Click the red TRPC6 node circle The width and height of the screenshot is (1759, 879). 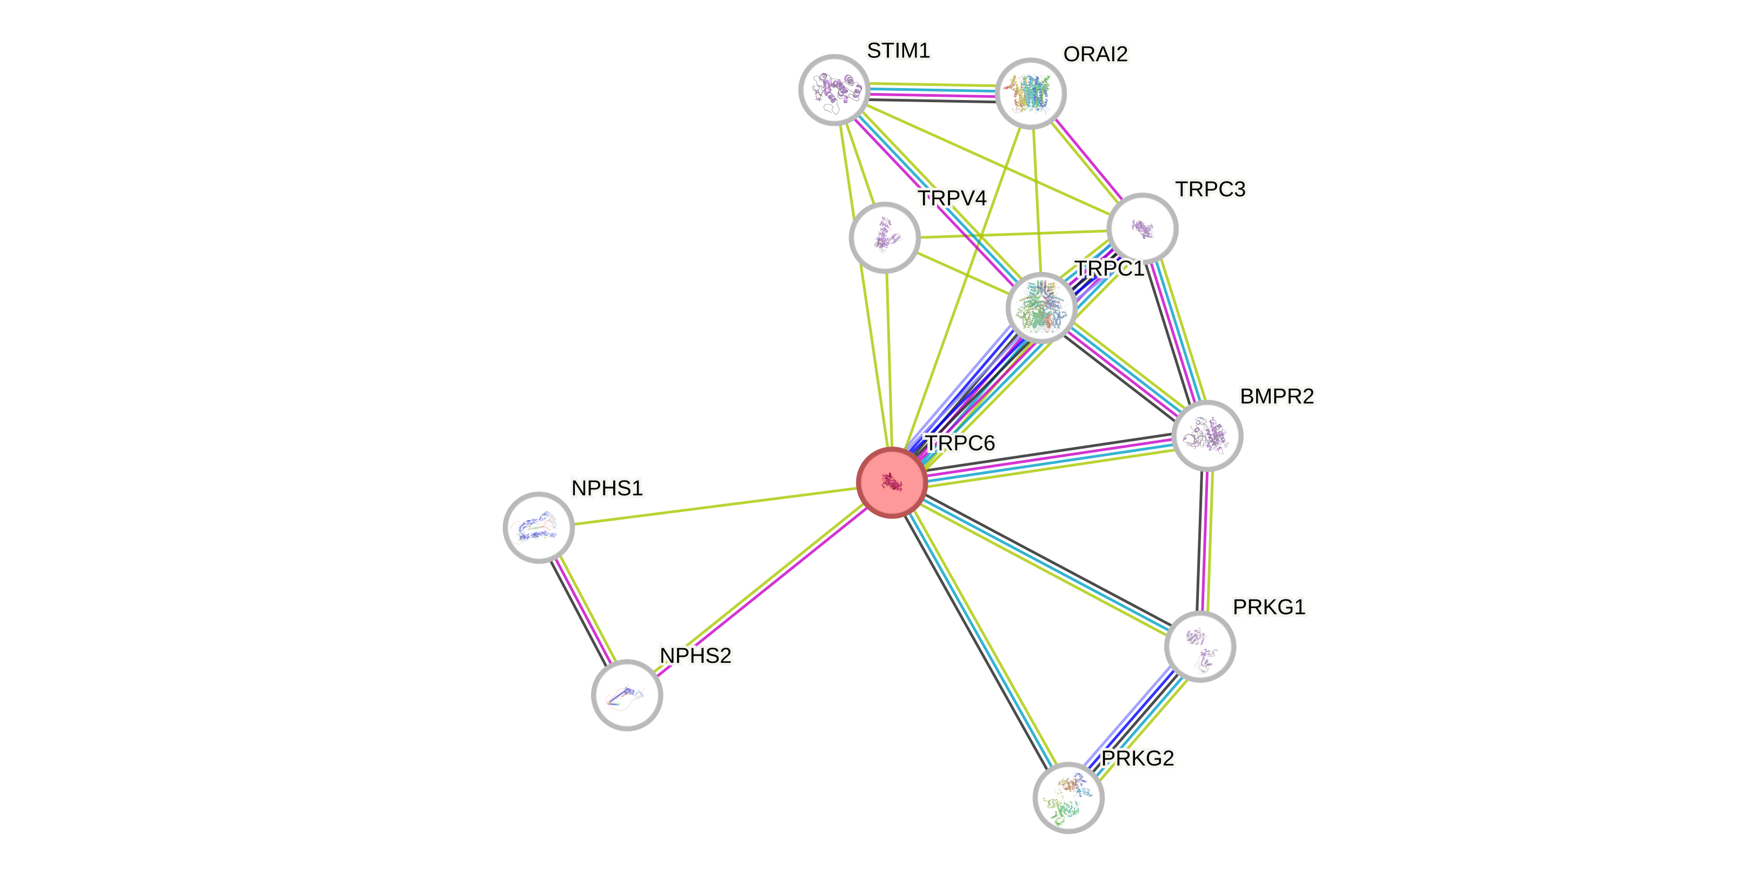pos(891,483)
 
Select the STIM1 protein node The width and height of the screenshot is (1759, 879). pos(834,89)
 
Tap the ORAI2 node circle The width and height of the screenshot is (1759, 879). pos(1031,93)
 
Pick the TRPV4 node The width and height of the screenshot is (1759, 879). pos(884,237)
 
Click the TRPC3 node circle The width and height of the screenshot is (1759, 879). pos(1141,228)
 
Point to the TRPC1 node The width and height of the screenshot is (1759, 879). pos(1041,307)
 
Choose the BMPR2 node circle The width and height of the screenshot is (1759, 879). pos(1206,435)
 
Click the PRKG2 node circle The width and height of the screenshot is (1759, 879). pos(1068,797)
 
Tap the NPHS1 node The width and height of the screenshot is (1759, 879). pos(539,527)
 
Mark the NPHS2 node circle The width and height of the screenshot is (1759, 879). pos(626,695)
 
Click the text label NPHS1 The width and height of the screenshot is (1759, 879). pos(607,489)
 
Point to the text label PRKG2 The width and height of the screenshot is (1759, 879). pos(1138,758)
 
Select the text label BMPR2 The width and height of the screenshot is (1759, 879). pos(1276,396)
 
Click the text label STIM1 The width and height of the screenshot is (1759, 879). pos(899,50)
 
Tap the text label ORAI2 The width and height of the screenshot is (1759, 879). pos(1096,54)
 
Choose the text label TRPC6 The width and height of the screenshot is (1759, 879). pos(960,444)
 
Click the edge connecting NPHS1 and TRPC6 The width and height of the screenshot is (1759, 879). pos(715,505)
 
